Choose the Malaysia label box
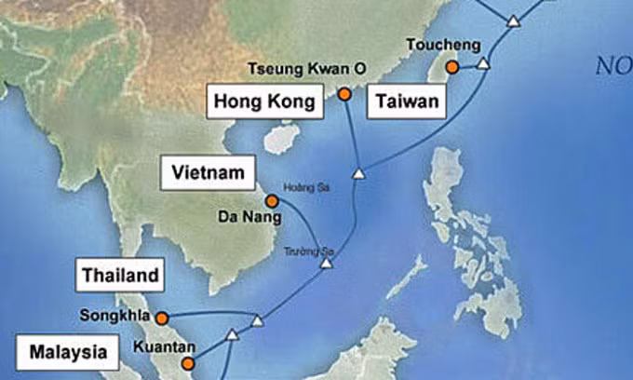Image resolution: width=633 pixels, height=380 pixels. pyautogui.click(x=67, y=353)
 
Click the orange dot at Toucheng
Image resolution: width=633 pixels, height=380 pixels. pyautogui.click(x=451, y=67)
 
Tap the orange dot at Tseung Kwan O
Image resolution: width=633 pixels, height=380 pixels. pyautogui.click(x=344, y=94)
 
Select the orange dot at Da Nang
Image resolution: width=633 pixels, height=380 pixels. pyautogui.click(x=271, y=200)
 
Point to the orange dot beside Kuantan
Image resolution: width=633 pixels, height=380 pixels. pyautogui.click(x=188, y=363)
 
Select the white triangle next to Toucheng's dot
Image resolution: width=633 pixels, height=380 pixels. pyautogui.click(x=482, y=64)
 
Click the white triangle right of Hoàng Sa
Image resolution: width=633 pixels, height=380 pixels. pyautogui.click(x=358, y=174)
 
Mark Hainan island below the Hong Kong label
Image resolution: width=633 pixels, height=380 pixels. pyautogui.click(x=275, y=141)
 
